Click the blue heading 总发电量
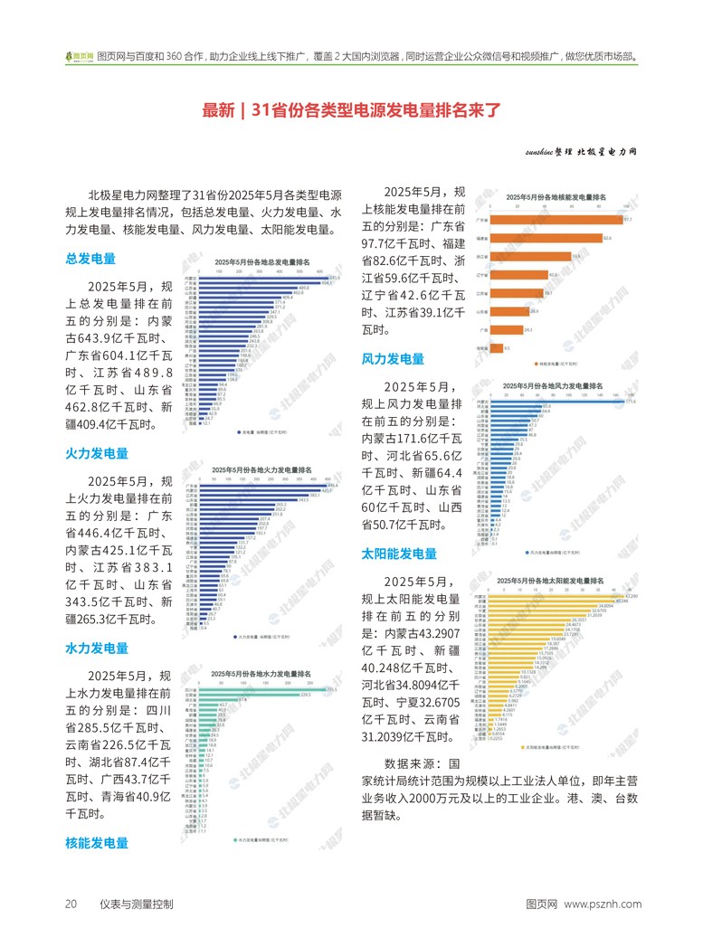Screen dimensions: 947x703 point(90,259)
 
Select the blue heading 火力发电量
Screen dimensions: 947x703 point(97,453)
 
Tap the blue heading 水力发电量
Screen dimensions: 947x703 point(97,649)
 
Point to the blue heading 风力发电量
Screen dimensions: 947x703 point(393,359)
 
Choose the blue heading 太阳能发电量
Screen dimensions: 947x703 point(399,554)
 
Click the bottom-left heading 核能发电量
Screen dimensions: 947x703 point(97,843)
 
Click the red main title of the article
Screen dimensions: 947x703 point(351,110)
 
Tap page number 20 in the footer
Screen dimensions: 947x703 point(71,904)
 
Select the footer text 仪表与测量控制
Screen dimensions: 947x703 point(137,904)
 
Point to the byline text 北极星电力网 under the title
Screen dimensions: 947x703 point(606,152)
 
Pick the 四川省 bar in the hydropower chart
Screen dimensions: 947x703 point(263,689)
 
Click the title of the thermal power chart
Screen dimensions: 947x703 point(261,470)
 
